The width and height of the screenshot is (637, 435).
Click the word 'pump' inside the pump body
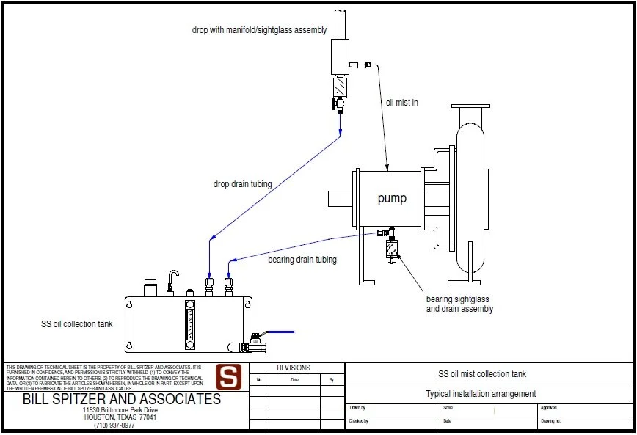tap(392, 199)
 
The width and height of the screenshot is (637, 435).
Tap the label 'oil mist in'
tap(402, 103)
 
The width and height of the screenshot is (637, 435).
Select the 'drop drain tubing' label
tap(242, 184)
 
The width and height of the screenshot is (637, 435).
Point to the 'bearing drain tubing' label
tap(302, 260)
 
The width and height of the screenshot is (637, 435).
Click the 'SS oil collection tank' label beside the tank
tap(77, 323)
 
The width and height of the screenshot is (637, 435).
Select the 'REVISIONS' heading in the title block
tap(294, 368)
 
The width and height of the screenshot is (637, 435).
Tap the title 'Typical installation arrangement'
tap(481, 394)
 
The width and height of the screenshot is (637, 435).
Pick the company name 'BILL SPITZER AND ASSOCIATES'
tap(122, 400)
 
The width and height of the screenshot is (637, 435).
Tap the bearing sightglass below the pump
tap(391, 249)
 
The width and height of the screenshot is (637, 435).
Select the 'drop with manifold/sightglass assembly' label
tap(259, 30)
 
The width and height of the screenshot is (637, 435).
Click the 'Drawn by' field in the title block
tap(357, 408)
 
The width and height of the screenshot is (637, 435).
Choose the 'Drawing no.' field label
tap(550, 421)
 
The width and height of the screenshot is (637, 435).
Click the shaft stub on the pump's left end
tap(341, 199)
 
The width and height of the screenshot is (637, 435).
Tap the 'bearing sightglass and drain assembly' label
tap(459, 304)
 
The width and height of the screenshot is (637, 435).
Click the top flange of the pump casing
tap(470, 109)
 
